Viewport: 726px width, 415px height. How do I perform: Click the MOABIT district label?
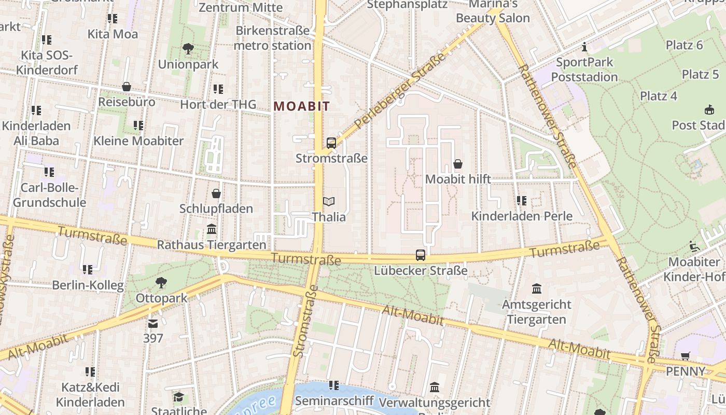point(302,106)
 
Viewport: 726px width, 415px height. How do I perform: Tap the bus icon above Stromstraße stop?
point(331,143)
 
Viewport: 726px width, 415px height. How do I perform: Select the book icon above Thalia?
point(329,201)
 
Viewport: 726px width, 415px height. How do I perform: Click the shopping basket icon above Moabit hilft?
point(458,164)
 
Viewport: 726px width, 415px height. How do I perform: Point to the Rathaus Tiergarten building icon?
point(212,229)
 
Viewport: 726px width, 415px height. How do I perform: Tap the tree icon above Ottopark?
point(161,283)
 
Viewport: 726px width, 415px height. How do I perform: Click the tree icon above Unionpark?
point(188,49)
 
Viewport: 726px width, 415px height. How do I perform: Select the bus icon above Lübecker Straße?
point(421,255)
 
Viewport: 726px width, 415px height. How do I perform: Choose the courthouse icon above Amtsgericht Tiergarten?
point(537,288)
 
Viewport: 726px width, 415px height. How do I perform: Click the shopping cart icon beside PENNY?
point(686,356)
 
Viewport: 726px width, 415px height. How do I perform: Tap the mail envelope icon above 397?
point(153,324)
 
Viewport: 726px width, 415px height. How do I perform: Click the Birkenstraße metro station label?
point(272,38)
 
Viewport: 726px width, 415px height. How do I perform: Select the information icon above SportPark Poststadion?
point(585,47)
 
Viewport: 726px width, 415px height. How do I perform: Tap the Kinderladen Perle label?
point(522,216)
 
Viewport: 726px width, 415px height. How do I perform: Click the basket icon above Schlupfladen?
point(216,193)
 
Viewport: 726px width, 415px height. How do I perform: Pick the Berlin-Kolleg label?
point(88,285)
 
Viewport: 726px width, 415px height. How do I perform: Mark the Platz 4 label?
point(659,96)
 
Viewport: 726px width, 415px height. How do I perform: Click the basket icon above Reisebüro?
point(127,87)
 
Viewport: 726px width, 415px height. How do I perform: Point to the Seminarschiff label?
point(334,400)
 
